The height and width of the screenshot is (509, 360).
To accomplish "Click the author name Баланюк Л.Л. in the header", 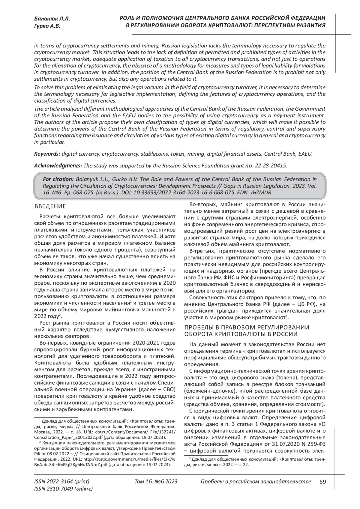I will (x=52, y=19).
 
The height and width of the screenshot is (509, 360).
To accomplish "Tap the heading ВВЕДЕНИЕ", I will (x=50, y=206).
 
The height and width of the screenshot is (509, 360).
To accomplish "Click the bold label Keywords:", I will (x=47, y=154).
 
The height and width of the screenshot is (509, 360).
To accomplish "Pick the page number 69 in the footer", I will (x=323, y=482).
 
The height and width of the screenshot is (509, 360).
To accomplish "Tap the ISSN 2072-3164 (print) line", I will (x=62, y=482).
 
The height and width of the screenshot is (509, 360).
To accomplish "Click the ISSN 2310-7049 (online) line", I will (x=64, y=489).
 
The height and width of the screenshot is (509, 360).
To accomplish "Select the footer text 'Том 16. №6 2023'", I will (x=156, y=482).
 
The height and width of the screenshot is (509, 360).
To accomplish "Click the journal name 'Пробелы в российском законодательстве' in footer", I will (x=256, y=482).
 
